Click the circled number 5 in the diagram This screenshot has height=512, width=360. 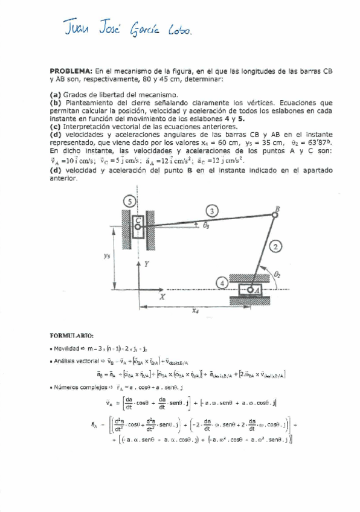[x=128, y=202]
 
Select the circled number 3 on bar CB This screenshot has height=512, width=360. [x=210, y=210]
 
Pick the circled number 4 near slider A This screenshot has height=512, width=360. [x=223, y=282]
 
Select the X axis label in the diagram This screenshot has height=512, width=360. [x=162, y=297]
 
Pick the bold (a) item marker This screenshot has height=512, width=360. [x=55, y=94]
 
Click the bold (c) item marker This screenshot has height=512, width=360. [x=55, y=127]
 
